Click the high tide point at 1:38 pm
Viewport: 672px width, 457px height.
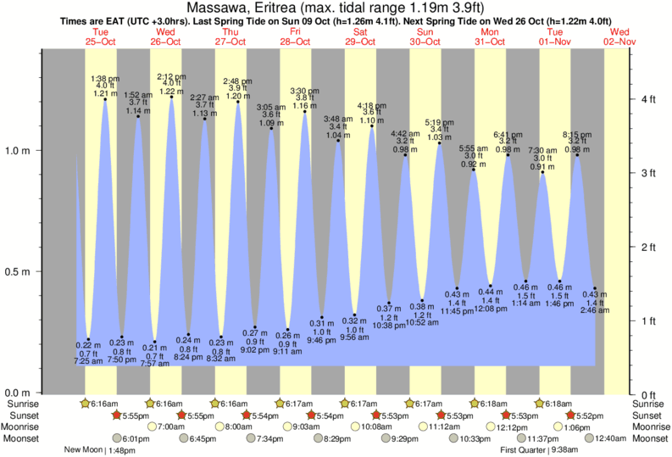pyautogui.click(x=105, y=99)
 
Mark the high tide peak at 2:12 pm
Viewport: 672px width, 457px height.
pyautogui.click(x=172, y=97)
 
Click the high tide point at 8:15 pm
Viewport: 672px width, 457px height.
pyautogui.click(x=577, y=155)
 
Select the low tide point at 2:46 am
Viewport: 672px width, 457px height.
pyautogui.click(x=595, y=288)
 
